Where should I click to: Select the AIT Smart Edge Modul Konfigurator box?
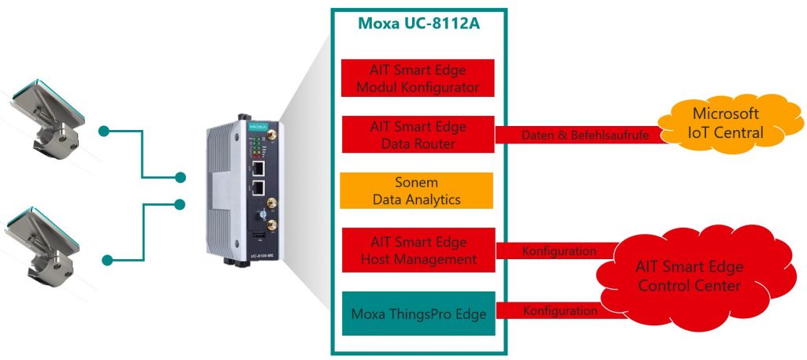pos(417,77)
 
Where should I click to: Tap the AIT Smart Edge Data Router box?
pos(417,134)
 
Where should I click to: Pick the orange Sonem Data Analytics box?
pos(417,191)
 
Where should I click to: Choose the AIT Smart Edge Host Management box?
pos(417,249)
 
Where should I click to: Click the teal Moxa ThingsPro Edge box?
pos(417,312)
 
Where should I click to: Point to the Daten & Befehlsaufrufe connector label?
pos(584,136)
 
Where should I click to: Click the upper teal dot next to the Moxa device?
pos(180,177)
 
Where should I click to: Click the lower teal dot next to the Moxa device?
pos(180,205)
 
